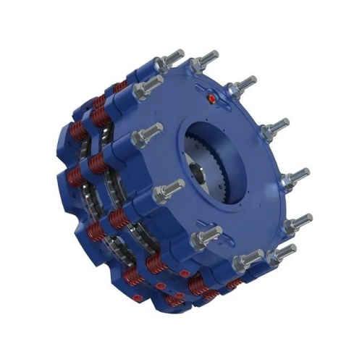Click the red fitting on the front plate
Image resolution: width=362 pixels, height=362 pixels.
click(x=211, y=97)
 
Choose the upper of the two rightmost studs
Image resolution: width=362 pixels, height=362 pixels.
click(x=294, y=177)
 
